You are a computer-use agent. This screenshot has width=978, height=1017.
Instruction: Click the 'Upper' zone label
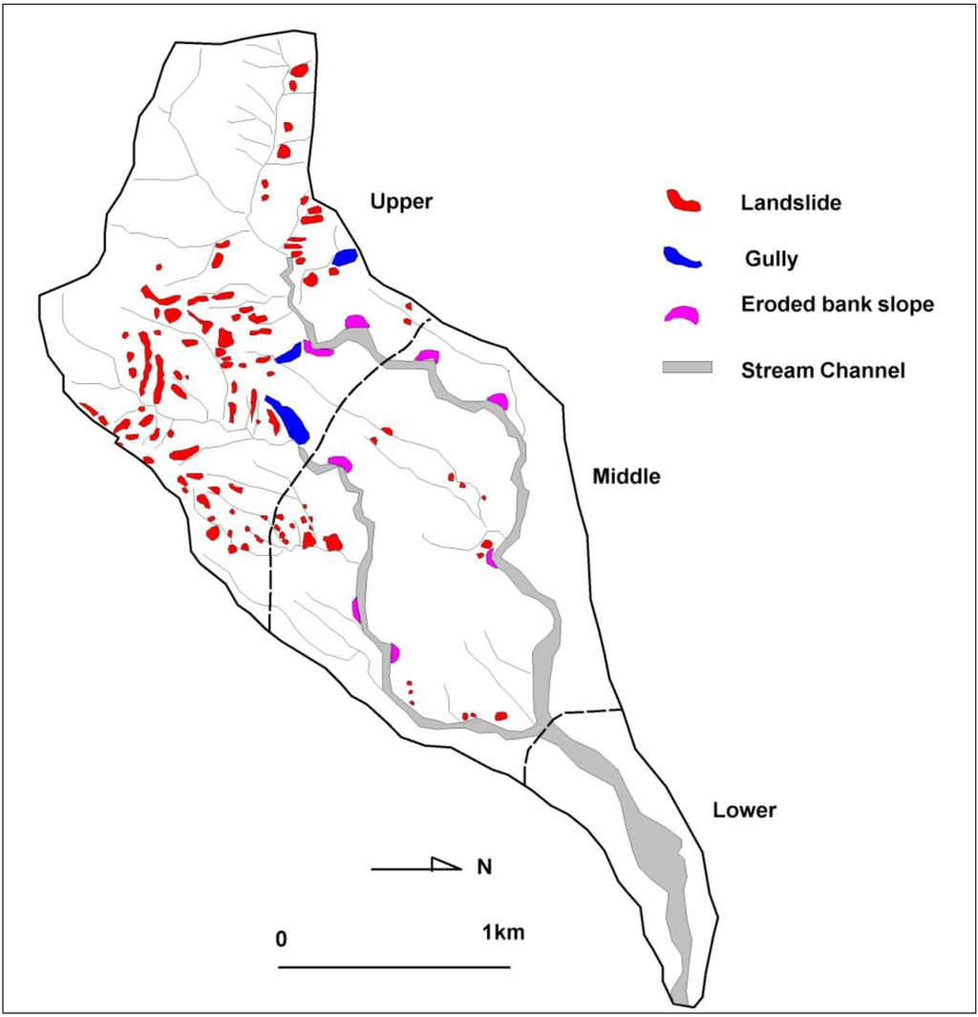click(x=401, y=201)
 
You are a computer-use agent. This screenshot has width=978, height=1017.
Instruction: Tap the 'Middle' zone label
click(x=626, y=476)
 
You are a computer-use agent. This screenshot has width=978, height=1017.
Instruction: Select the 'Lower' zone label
click(x=744, y=811)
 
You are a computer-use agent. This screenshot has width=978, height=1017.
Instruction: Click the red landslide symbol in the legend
click(x=683, y=201)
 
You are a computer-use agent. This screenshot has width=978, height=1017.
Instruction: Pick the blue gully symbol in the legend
click(x=683, y=257)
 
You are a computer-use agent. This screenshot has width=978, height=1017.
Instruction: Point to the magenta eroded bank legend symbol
click(x=683, y=314)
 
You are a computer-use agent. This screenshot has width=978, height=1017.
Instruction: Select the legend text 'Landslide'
click(x=790, y=202)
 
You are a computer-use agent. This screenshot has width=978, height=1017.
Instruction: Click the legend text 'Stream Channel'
click(x=822, y=370)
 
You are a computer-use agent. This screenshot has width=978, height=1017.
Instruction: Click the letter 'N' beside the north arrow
click(x=484, y=867)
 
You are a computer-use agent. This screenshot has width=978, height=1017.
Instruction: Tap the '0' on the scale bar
click(x=281, y=937)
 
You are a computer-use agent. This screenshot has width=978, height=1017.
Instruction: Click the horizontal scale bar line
click(x=393, y=966)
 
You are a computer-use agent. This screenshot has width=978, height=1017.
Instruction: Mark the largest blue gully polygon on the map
click(x=288, y=419)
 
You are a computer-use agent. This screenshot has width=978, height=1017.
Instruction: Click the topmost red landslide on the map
click(x=299, y=70)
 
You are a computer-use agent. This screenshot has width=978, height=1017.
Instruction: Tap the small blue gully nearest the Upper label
click(x=345, y=257)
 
